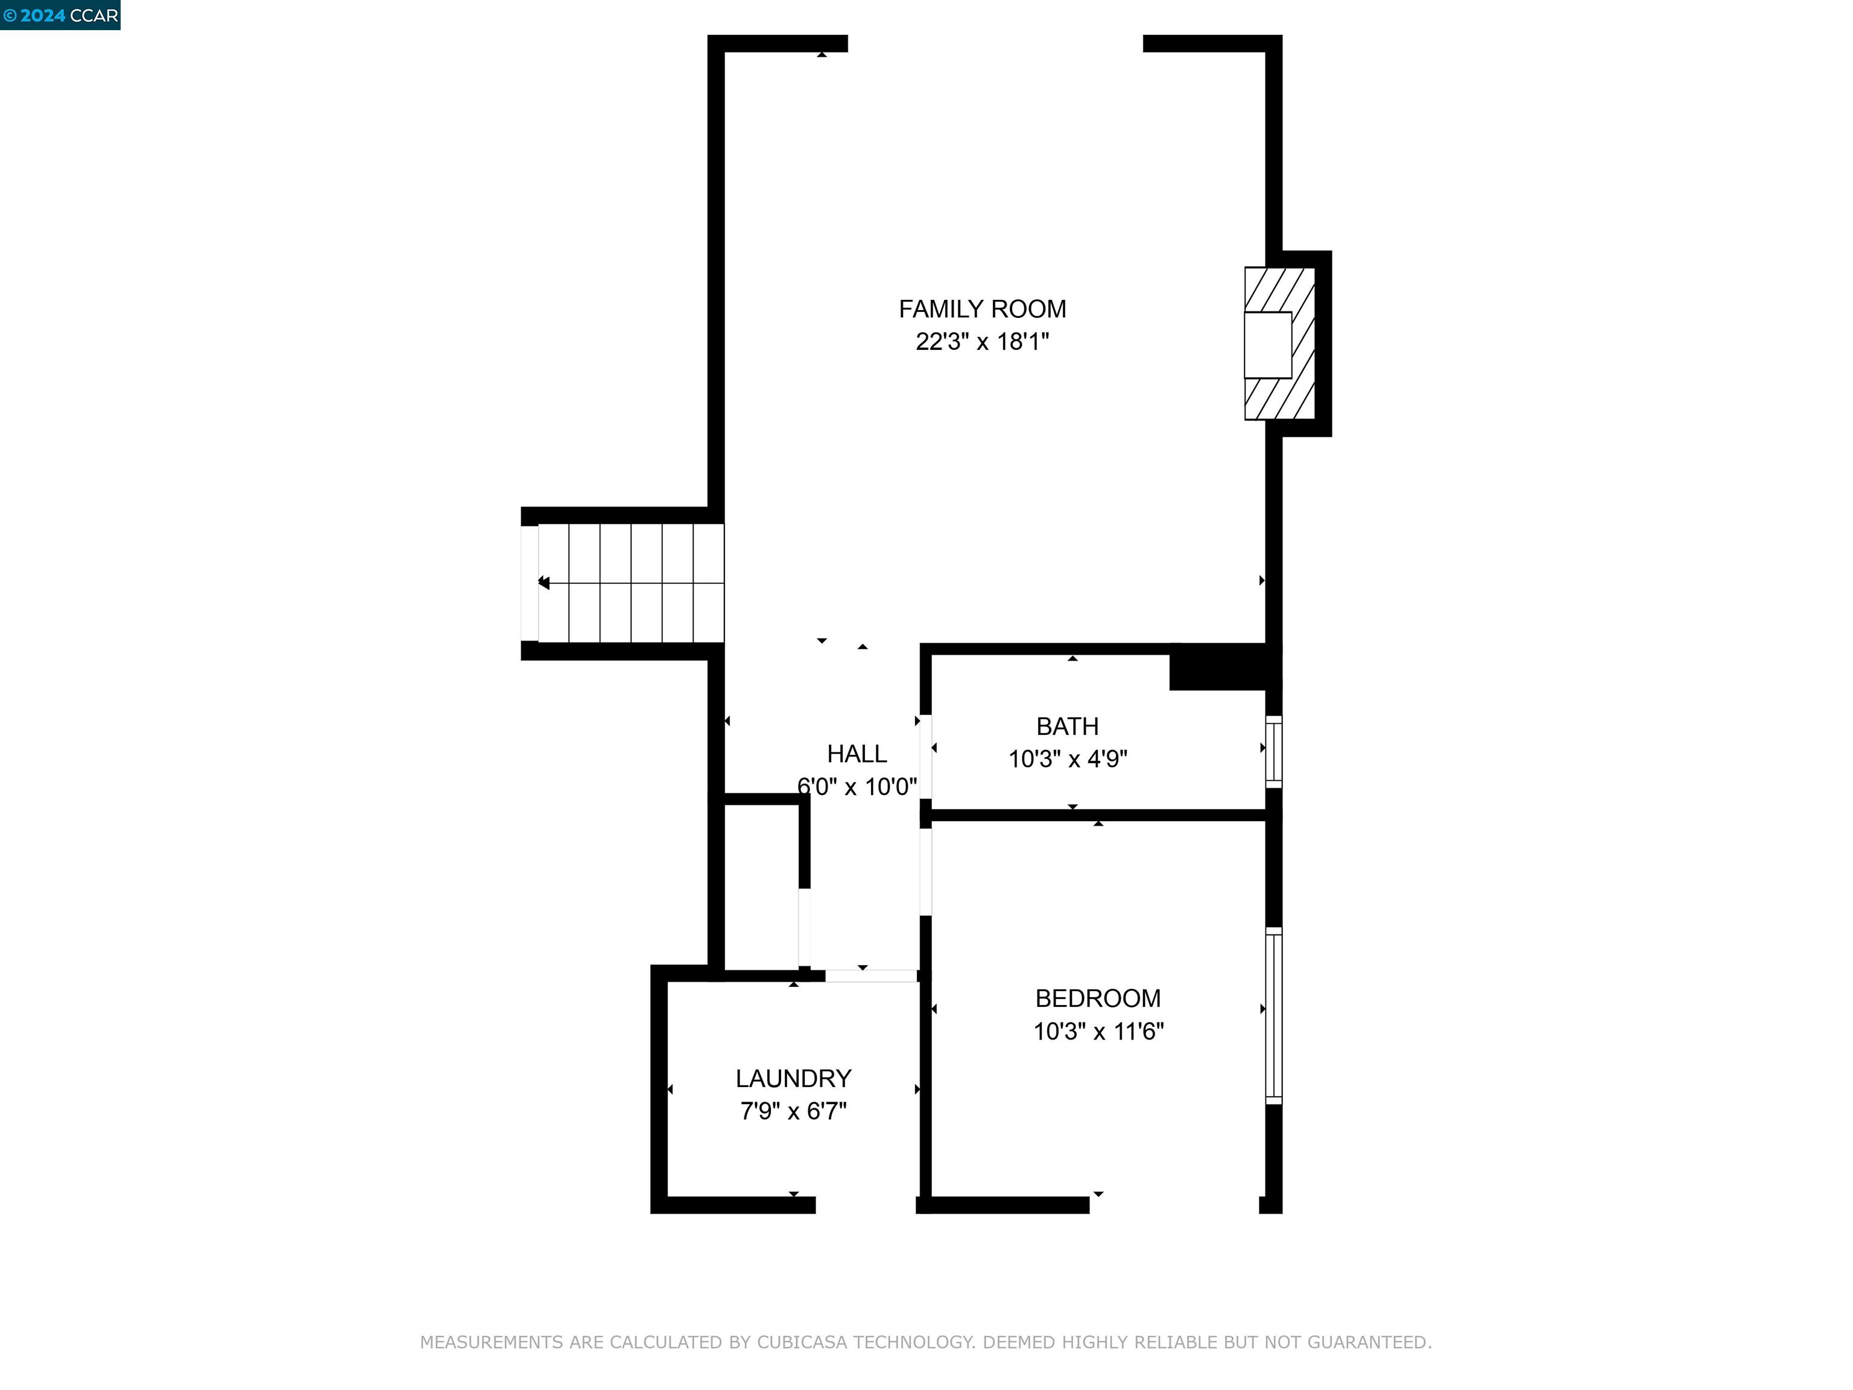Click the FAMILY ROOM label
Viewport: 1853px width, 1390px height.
(982, 309)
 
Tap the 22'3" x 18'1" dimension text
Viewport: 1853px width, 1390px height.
(982, 342)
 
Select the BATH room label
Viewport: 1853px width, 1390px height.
(1066, 726)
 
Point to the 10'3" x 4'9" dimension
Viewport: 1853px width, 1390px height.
(1067, 759)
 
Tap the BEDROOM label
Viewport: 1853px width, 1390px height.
(1097, 998)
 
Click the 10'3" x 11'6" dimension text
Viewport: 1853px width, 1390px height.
(1097, 1032)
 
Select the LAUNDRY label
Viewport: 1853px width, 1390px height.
(793, 1078)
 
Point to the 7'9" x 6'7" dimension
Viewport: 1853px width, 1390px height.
(793, 1111)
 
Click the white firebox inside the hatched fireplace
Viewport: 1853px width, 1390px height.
(1267, 344)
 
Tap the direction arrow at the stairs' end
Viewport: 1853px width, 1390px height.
(543, 582)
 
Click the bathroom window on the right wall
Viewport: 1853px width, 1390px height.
(1273, 752)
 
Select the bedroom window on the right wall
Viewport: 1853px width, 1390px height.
(1273, 1015)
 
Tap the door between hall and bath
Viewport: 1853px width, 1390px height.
(926, 757)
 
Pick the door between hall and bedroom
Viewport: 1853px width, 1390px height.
(926, 871)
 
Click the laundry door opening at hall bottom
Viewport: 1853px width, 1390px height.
(870, 976)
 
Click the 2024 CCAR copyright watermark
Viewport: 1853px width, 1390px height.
(60, 15)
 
